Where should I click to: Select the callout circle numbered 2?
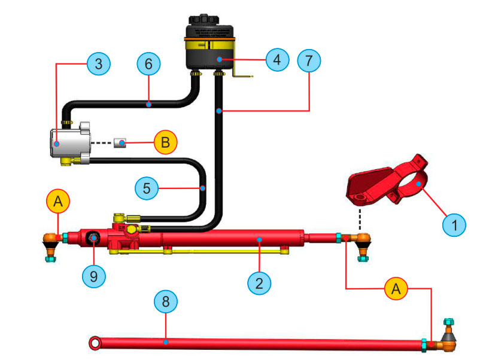[259, 282]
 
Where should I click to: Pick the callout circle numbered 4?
[277, 60]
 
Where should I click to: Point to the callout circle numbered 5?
[147, 187]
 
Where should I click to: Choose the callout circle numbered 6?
[149, 64]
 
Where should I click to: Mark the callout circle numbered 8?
[166, 301]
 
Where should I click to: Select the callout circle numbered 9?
[94, 276]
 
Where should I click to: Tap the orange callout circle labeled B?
[166, 143]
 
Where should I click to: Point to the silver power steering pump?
[69, 142]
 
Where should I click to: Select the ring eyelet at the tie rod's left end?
[95, 343]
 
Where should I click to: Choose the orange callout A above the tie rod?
[396, 289]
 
